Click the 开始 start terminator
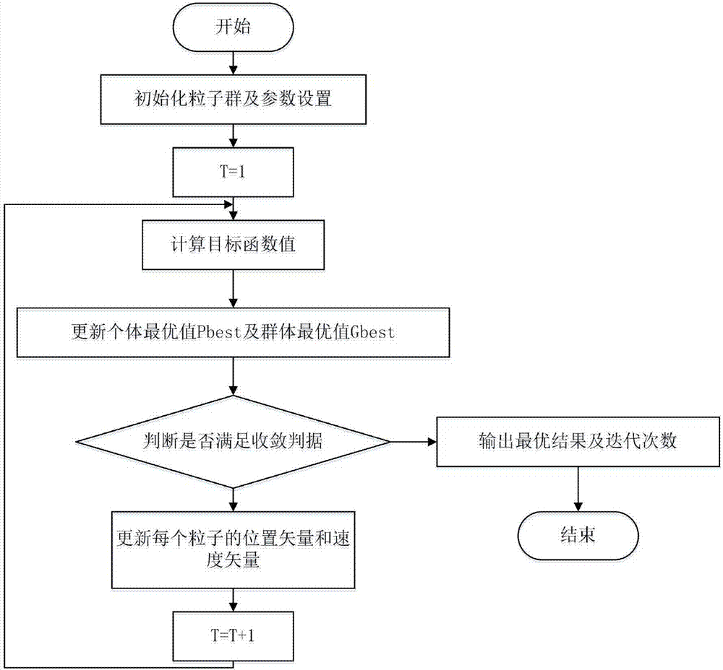coord(231,28)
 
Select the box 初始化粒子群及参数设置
coord(231,100)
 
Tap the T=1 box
coord(231,171)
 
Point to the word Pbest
coord(218,334)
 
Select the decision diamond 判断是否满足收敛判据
coord(231,441)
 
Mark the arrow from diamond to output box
coord(412,441)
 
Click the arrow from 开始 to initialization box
coord(231,64)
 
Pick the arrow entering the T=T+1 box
coord(231,600)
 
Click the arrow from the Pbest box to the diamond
coord(231,375)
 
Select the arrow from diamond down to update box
coord(231,499)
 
